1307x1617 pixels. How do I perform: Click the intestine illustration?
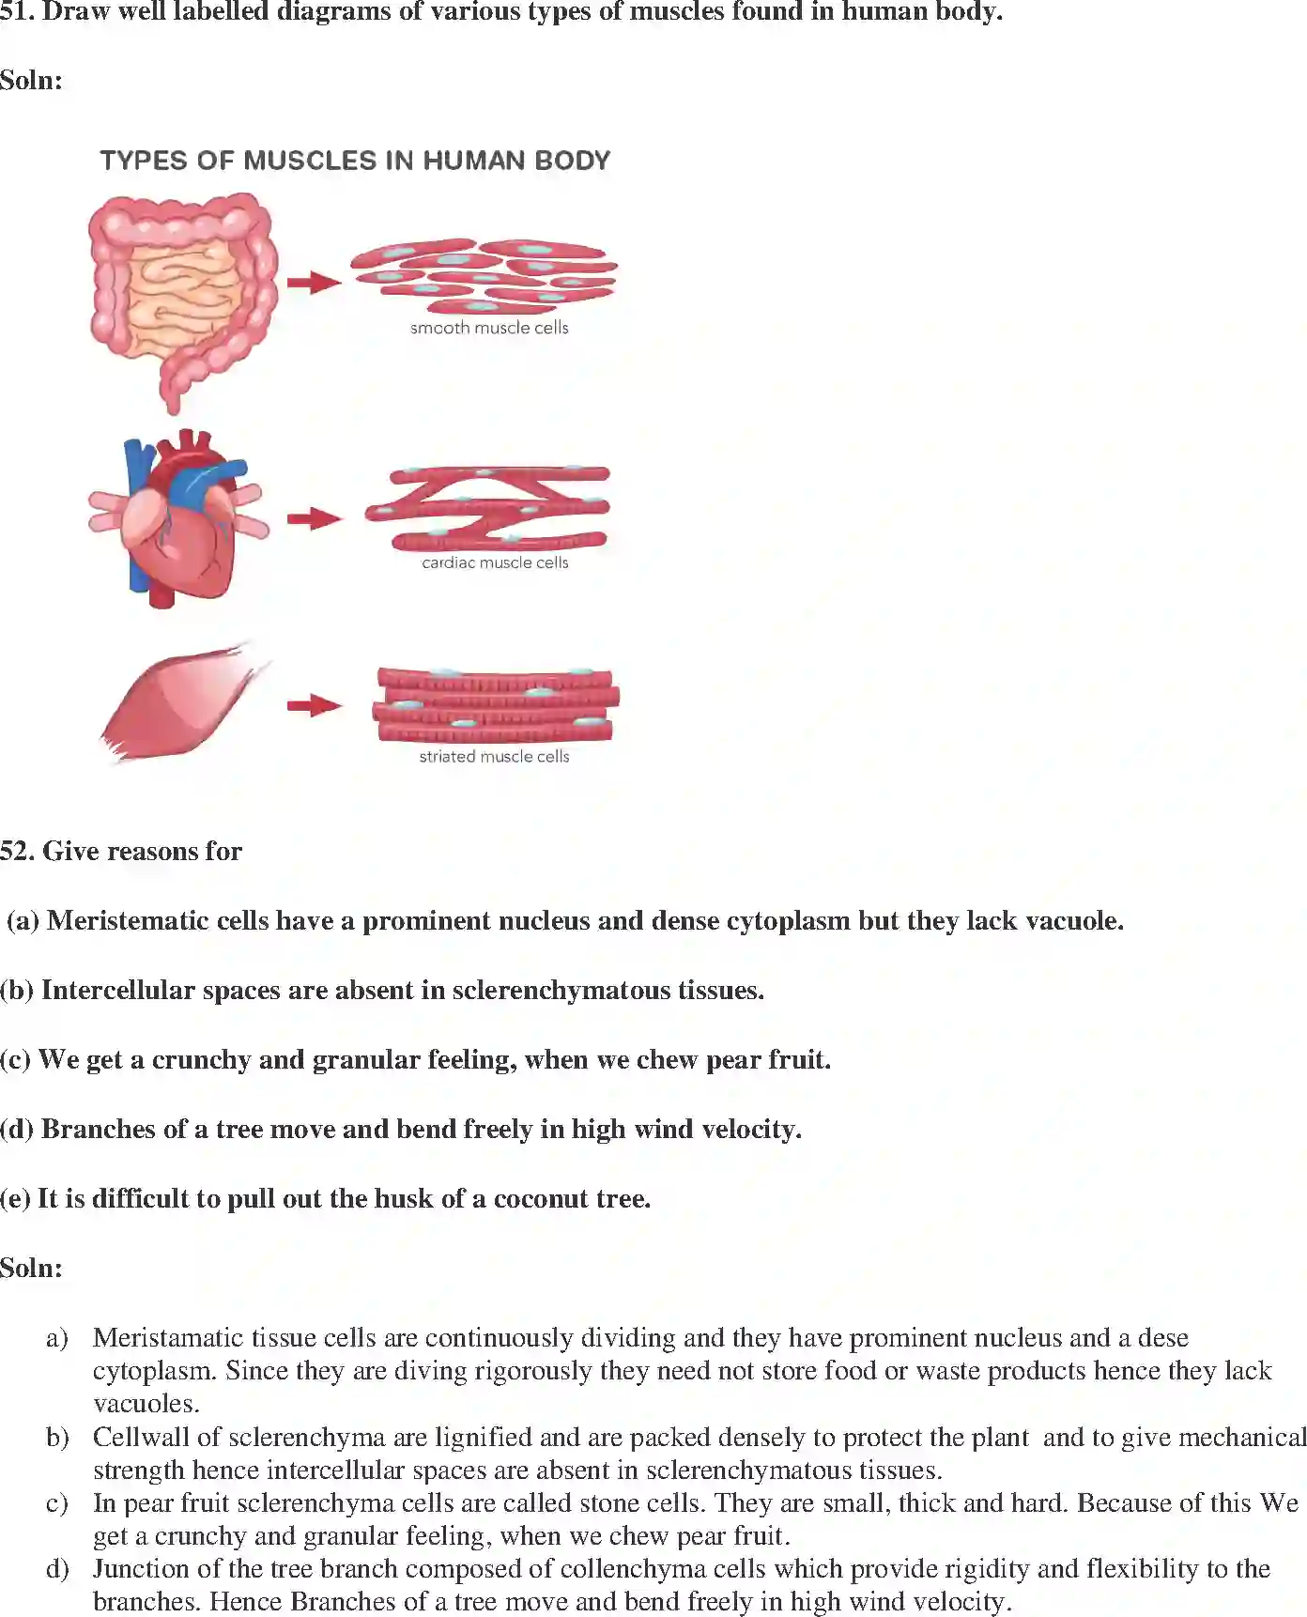click(x=183, y=296)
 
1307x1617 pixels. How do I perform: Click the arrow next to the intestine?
click(x=314, y=282)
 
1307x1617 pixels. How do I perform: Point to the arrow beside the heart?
click(x=314, y=517)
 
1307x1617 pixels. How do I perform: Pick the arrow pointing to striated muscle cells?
click(x=314, y=705)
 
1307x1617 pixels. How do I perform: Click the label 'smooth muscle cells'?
click(x=489, y=328)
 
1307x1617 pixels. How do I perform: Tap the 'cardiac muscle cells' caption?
click(x=495, y=562)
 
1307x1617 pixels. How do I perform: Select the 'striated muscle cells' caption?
click(x=494, y=756)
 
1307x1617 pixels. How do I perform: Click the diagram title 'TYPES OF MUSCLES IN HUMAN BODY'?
click(x=355, y=161)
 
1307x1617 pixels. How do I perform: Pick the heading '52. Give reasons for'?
click(x=121, y=851)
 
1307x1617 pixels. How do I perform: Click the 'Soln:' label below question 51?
click(x=31, y=81)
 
